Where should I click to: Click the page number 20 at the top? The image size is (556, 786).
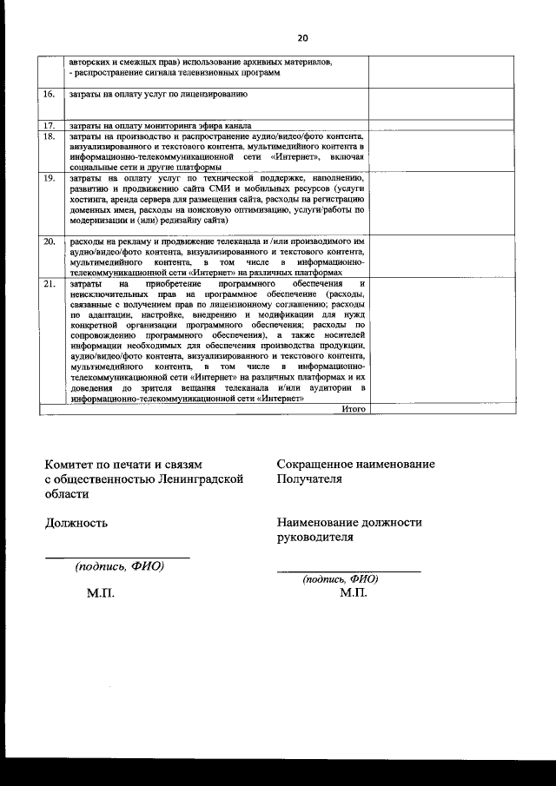pos(302,38)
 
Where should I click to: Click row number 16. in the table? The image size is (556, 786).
pos(50,93)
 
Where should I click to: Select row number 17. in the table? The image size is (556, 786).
pos(50,126)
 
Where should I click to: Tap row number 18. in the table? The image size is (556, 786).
pos(50,136)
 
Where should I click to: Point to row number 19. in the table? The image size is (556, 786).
pos(50,178)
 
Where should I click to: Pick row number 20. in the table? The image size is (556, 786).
pos(50,241)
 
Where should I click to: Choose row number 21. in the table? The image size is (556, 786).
pos(50,284)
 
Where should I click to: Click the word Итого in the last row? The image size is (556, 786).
pos(354,408)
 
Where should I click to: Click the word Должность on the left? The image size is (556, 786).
pos(76,523)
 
